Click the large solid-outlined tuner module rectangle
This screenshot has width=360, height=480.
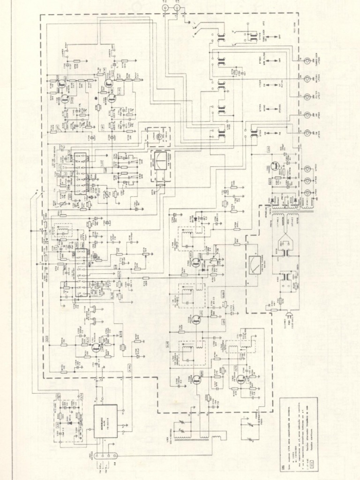coord(105,420)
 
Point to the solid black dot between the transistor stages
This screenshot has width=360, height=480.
coord(96,98)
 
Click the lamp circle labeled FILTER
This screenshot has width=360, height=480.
coord(307,97)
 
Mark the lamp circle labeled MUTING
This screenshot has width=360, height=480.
coord(307,79)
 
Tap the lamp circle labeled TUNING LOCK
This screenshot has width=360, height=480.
coord(307,61)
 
